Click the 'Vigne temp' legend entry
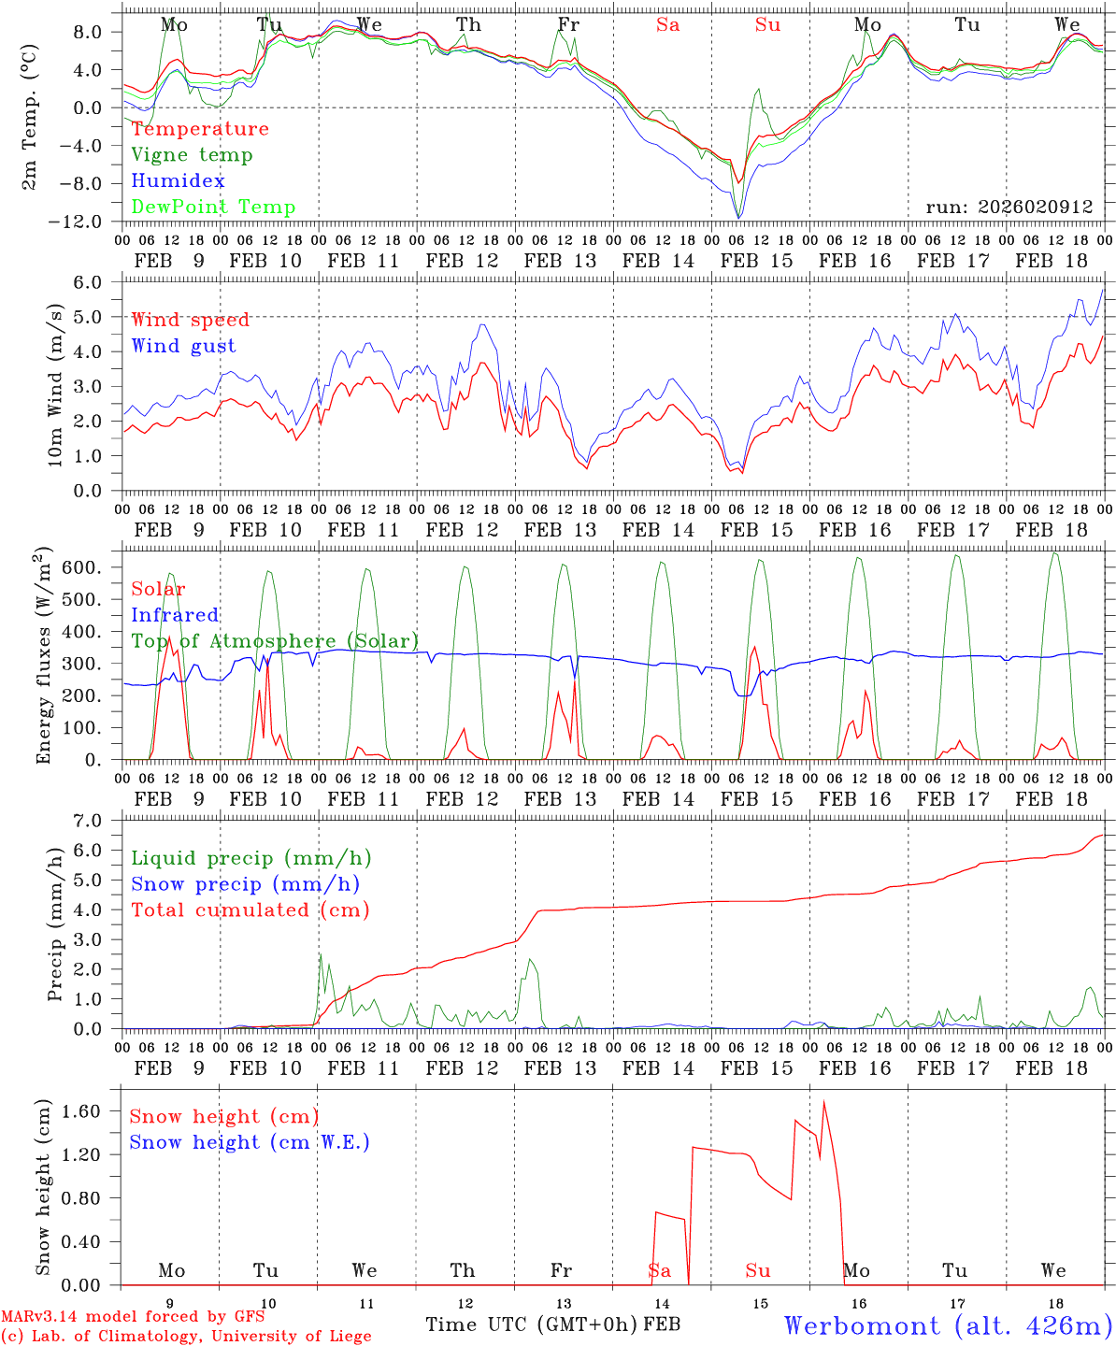pos(192,155)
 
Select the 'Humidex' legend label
pos(178,181)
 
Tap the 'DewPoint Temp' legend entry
pos(213,208)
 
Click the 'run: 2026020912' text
pos(1009,208)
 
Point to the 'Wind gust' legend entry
pos(183,346)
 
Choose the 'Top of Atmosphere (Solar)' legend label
pos(275,641)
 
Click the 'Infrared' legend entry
pos(175,615)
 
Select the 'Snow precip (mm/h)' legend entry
pos(246,884)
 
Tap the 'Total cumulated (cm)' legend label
pos(250,910)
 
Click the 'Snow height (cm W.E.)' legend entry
pos(250,1142)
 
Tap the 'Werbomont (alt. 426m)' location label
pos(948,1325)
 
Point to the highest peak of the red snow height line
pos(823,1101)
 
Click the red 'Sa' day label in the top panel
pos(667,25)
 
